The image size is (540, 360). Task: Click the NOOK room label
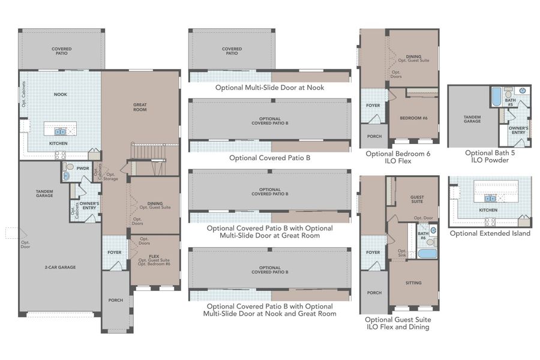[60, 94]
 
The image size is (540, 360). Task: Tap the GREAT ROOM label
[140, 107]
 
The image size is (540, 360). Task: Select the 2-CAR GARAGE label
[59, 267]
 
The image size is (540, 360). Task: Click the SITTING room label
[413, 283]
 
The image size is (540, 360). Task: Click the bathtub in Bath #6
[427, 253]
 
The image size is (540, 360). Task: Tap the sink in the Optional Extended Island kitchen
[490, 197]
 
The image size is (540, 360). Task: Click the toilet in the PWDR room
[68, 166]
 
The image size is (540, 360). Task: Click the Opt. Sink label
[402, 253]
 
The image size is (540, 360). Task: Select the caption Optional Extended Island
[490, 233]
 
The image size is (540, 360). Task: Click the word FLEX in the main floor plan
[154, 256]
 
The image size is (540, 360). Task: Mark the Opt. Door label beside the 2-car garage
[25, 245]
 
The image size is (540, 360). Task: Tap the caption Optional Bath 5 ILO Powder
[490, 157]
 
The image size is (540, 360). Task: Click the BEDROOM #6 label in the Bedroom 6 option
[413, 118]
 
